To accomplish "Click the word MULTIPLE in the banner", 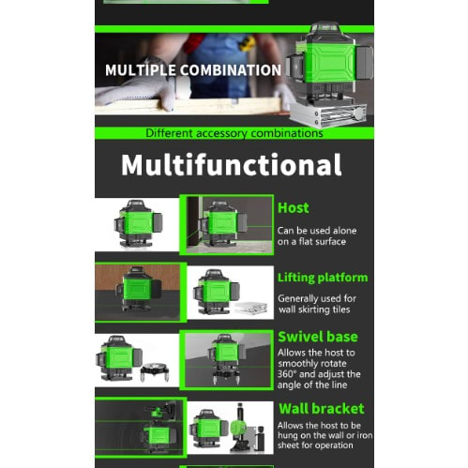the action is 140,70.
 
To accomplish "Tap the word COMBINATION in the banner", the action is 231,70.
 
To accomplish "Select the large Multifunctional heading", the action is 232,164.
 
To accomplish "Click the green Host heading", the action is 294,208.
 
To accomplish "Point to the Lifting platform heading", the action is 323,278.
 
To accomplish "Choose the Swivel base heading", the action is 318,337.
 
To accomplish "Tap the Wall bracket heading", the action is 322,409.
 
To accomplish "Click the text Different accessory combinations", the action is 234,133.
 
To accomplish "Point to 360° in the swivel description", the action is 287,374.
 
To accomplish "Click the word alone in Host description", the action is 344,231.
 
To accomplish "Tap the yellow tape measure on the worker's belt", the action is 248,43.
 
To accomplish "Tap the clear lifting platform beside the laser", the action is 251,308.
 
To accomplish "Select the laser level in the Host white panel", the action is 137,224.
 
